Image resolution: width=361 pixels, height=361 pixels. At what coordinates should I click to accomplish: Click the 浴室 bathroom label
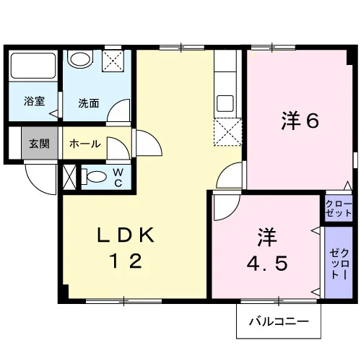(x=34, y=101)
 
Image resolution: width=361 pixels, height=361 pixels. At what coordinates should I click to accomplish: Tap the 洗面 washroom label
(x=89, y=103)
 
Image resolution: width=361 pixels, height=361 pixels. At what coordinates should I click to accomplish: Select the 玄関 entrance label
(x=39, y=144)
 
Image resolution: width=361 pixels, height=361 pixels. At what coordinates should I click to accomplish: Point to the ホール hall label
(x=85, y=144)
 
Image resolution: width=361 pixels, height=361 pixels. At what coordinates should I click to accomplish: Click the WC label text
(x=118, y=178)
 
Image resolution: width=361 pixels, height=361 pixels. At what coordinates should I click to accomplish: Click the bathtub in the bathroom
(x=33, y=66)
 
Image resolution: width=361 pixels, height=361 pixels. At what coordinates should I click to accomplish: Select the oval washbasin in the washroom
(x=80, y=58)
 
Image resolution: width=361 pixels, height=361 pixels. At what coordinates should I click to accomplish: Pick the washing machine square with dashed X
(x=113, y=61)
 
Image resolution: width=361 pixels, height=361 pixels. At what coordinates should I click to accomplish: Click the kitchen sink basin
(x=225, y=103)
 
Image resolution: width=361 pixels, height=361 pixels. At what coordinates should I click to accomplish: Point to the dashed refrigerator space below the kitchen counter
(x=227, y=132)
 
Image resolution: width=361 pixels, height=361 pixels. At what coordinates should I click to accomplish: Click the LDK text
(x=126, y=235)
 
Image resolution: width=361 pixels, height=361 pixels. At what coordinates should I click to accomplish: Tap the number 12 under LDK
(x=126, y=261)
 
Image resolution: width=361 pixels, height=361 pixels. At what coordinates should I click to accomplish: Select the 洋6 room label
(x=300, y=121)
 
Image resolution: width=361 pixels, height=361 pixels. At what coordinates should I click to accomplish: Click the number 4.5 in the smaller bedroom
(x=267, y=264)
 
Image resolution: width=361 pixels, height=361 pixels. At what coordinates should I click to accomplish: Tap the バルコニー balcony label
(x=279, y=321)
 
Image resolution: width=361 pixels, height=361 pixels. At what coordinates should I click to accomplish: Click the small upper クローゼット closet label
(x=339, y=209)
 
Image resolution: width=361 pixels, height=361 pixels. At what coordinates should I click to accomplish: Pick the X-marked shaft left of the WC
(x=69, y=177)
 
